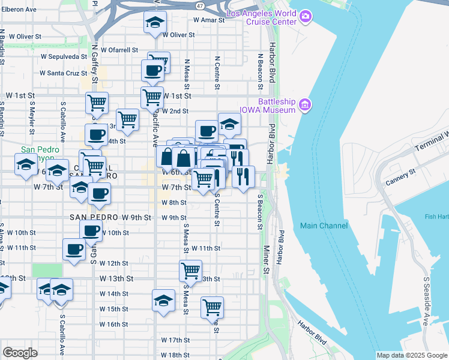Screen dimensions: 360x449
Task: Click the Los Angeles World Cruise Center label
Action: pyautogui.click(x=261, y=17)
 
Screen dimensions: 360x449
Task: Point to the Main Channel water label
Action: pyautogui.click(x=324, y=226)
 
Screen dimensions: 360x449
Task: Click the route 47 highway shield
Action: pyautogui.click(x=199, y=5)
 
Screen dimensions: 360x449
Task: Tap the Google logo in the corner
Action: pyautogui.click(x=20, y=352)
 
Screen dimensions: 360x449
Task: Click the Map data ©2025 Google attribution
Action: pyautogui.click(x=411, y=355)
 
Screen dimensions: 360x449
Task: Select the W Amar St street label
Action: pyautogui.click(x=208, y=20)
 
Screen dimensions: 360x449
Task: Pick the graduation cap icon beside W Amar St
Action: pyautogui.click(x=155, y=23)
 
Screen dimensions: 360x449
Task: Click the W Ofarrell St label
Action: pyautogui.click(x=119, y=50)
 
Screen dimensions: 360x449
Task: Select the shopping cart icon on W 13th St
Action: pyautogui.click(x=190, y=270)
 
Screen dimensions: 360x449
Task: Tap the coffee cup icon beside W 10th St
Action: pyautogui.click(x=91, y=230)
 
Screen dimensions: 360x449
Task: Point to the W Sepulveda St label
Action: pyautogui.click(x=64, y=57)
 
